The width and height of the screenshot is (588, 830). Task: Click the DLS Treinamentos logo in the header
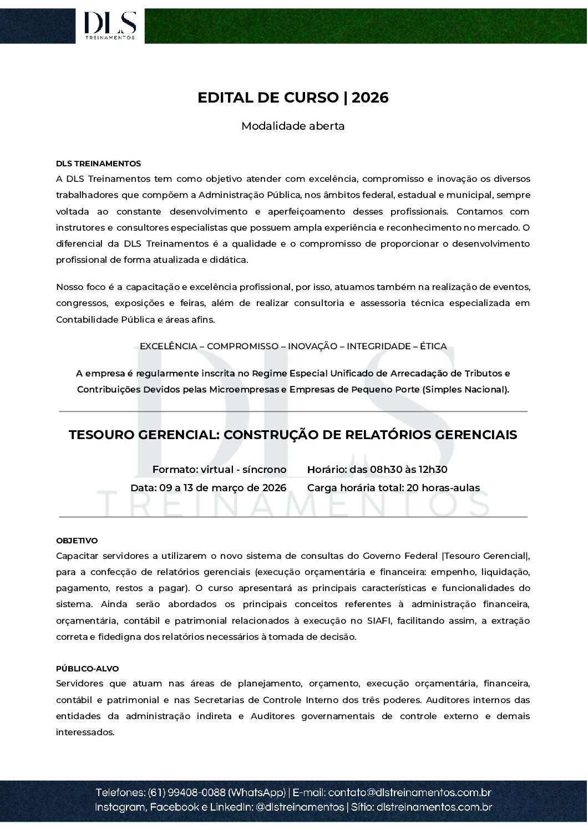tap(110, 25)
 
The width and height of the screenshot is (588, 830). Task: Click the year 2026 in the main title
tap(370, 98)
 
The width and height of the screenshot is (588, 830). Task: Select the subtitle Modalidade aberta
tap(293, 126)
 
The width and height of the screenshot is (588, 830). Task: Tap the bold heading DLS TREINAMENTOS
tap(98, 164)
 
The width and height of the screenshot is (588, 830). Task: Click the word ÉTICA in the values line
tap(433, 346)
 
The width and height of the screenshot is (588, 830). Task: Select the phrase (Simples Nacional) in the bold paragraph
tap(465, 389)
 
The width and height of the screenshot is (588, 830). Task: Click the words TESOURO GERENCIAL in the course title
tap(143, 435)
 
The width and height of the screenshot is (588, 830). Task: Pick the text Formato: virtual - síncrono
tap(219, 470)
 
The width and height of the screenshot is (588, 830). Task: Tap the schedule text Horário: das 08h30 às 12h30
tap(377, 470)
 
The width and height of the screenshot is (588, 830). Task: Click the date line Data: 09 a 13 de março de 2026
tap(208, 488)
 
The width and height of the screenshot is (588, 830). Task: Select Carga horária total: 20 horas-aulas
tap(393, 488)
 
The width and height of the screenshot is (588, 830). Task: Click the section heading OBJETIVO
tap(77, 541)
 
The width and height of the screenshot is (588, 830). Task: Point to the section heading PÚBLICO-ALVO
tap(87, 669)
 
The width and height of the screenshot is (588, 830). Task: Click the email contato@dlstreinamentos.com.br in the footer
tap(409, 792)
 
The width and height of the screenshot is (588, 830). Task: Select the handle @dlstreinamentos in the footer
tap(300, 807)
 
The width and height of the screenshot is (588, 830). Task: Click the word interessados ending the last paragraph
tap(84, 732)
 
